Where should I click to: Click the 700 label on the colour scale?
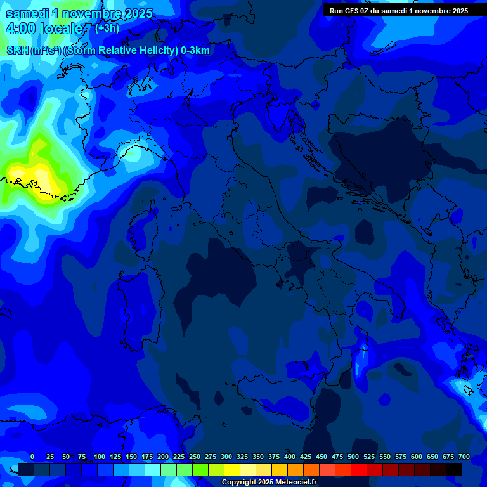point(464,457)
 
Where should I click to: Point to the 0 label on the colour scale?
point(32,457)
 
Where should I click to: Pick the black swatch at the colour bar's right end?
point(454,469)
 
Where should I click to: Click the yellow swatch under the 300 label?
point(232,469)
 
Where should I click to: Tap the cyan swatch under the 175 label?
point(153,469)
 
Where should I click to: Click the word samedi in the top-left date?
point(25,13)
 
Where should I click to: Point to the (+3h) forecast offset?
point(107,28)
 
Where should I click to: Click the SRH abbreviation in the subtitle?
point(17,51)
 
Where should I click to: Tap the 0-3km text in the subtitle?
point(195,51)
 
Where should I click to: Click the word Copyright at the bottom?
point(238,482)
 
